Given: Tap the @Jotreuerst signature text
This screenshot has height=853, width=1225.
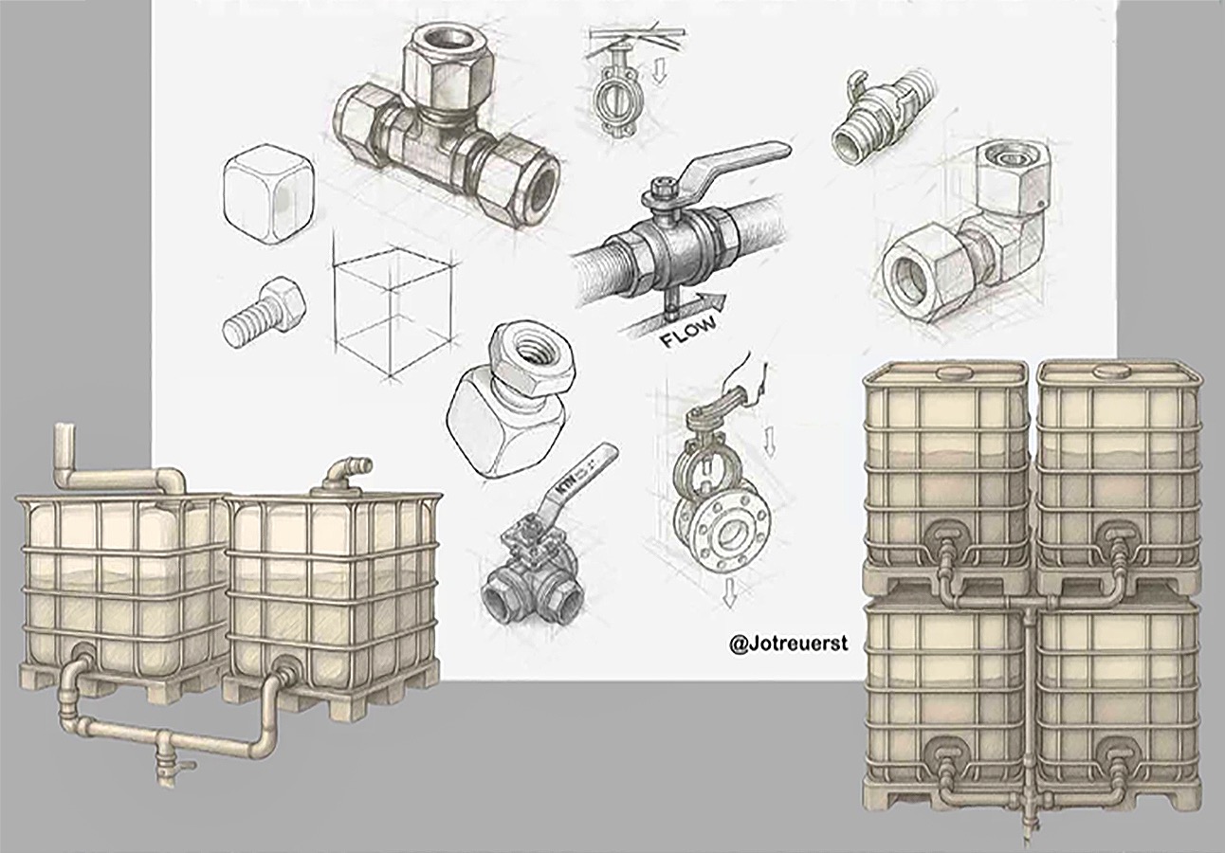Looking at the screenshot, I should (x=788, y=644).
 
